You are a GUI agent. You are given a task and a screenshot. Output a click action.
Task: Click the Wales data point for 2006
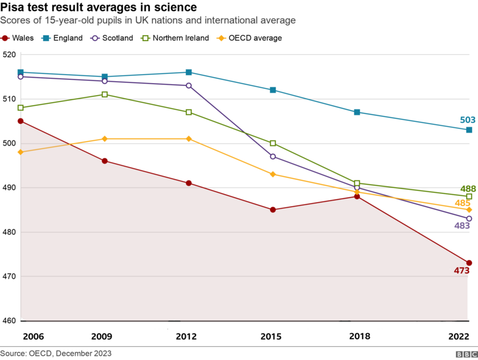coord(21,121)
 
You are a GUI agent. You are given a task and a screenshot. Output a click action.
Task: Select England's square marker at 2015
coord(273,90)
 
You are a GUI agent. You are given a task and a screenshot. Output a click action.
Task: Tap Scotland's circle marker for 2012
coord(189,85)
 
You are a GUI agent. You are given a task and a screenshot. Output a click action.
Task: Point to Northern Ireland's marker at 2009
coord(105,94)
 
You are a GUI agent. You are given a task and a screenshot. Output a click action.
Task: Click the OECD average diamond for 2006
coord(21,152)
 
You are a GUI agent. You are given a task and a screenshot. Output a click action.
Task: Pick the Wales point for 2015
coord(273,210)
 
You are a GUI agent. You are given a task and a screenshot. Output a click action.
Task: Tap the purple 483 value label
coord(462,226)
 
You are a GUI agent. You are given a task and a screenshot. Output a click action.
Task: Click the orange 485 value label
coord(463,203)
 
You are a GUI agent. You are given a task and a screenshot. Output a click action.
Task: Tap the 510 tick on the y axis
coord(8,99)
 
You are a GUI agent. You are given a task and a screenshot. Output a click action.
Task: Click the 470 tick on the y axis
coord(8,276)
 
